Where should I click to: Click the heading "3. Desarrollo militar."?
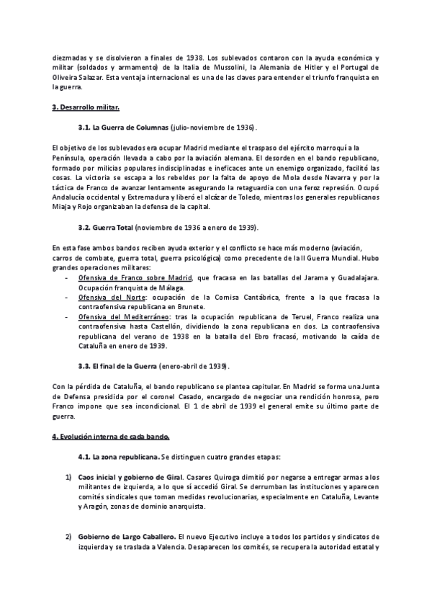point(86,107)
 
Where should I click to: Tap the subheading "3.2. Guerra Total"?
point(112,228)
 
